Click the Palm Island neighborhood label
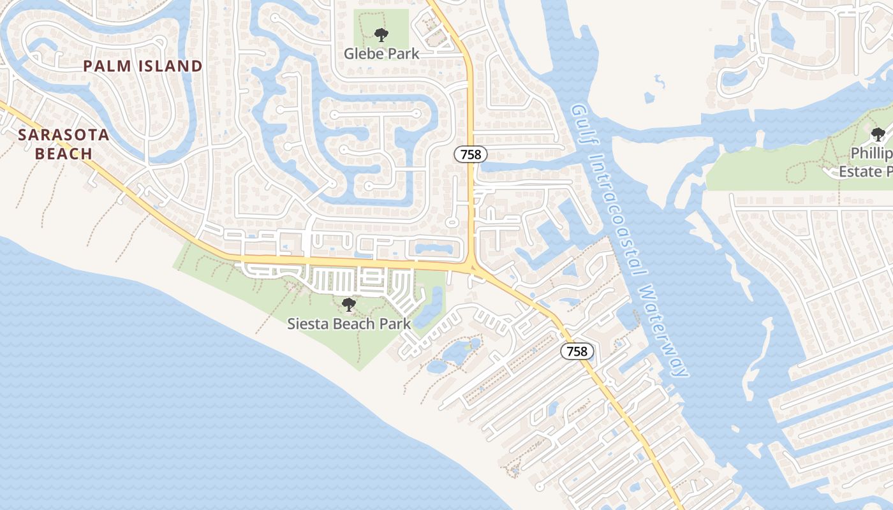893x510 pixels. click(143, 66)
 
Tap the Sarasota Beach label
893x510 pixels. click(64, 144)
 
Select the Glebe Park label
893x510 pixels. click(381, 54)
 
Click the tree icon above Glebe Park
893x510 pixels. click(381, 34)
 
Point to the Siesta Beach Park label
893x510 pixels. click(349, 323)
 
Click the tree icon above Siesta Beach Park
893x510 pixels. click(348, 305)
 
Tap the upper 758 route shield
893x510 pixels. click(471, 154)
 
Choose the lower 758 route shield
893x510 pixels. click(577, 351)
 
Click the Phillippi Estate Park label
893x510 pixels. click(867, 163)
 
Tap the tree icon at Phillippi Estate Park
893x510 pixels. click(878, 135)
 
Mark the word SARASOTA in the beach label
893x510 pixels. click(64, 135)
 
